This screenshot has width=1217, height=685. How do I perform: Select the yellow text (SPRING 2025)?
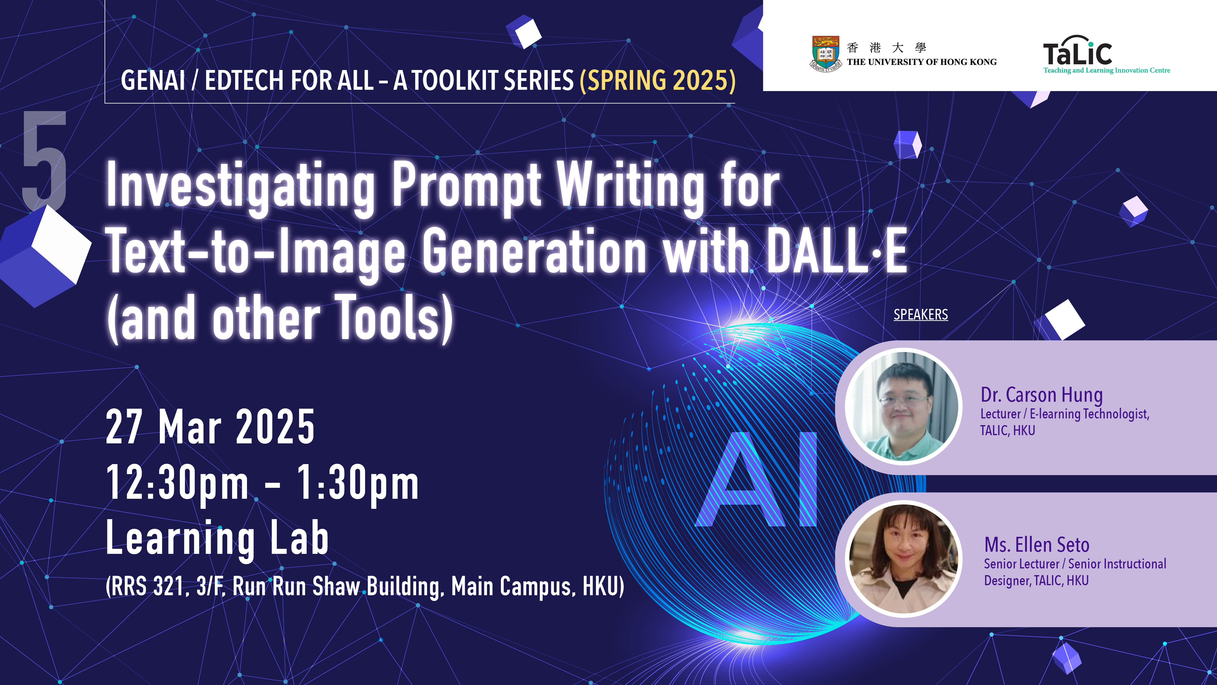point(658,80)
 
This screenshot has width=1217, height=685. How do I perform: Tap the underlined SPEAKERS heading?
point(920,314)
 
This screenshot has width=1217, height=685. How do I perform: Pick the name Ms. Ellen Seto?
point(1037,545)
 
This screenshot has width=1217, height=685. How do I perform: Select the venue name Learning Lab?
point(217,538)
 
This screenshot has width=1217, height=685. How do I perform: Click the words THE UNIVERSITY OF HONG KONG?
point(922,62)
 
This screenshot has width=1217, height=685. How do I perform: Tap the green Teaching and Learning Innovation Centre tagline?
point(1107,70)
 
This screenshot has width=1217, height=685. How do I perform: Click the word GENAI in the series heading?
point(153,80)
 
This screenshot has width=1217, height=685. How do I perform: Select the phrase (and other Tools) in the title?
point(280,318)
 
